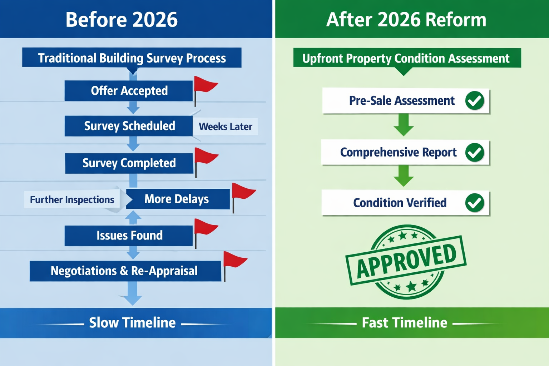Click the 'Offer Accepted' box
tap(129, 91)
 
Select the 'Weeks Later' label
tap(225, 127)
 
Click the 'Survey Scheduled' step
tap(129, 126)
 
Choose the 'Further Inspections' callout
tap(72, 199)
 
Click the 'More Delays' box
tap(178, 199)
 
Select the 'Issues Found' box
tap(129, 236)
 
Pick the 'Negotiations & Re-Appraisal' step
tap(125, 271)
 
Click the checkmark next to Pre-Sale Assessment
tap(475, 100)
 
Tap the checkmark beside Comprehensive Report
tap(475, 152)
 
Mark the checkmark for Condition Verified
tap(475, 203)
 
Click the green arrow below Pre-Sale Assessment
tap(404, 125)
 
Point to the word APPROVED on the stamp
tap(406, 261)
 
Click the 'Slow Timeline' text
tap(132, 323)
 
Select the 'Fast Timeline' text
tap(405, 323)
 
